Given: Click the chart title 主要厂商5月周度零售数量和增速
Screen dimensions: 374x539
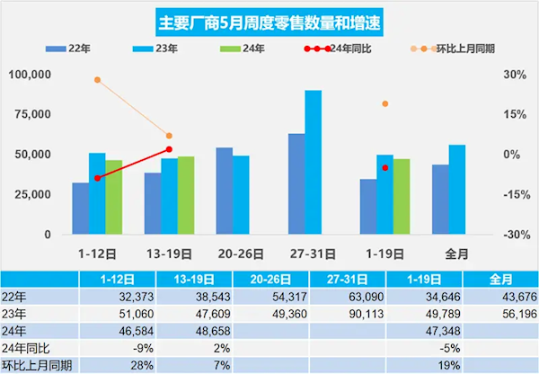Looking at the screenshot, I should [269, 22].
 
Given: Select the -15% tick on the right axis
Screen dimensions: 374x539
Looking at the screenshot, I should [513, 194].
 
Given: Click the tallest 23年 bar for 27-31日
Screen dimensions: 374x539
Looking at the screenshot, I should [313, 162].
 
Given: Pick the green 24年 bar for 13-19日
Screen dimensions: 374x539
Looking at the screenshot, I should [186, 195].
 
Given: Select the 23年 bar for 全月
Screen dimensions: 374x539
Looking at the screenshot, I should [456, 189].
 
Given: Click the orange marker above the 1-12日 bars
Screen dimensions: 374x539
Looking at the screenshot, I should [97, 80].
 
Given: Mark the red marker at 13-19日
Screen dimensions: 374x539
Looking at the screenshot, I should [169, 149].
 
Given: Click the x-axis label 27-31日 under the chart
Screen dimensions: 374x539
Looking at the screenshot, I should [305, 254].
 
